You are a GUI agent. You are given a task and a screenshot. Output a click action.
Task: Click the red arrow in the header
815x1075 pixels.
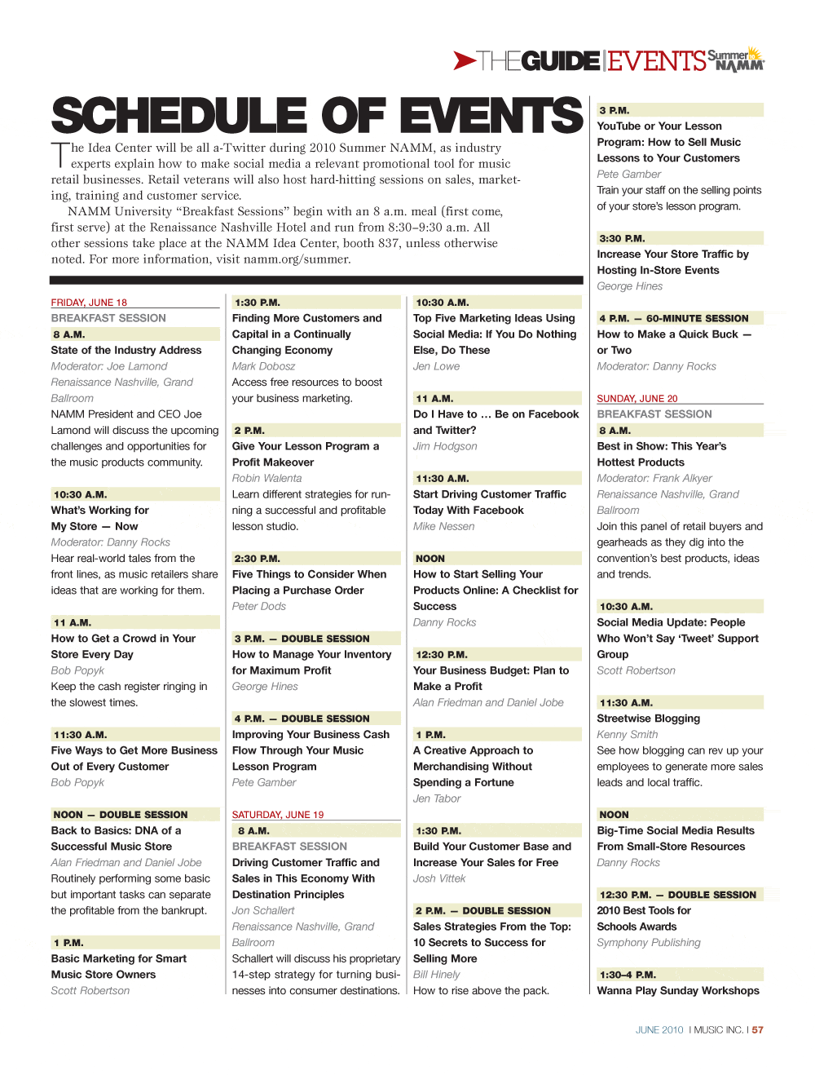pyautogui.click(x=465, y=60)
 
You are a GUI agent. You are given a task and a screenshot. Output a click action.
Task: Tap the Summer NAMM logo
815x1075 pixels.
pyautogui.click(x=736, y=60)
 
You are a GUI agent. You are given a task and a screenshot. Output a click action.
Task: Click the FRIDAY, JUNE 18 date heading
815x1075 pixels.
pyautogui.click(x=89, y=302)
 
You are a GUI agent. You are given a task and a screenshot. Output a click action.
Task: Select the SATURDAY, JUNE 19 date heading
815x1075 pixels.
pyautogui.click(x=278, y=815)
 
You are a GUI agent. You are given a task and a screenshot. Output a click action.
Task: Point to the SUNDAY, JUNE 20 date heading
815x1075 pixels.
pyautogui.click(x=637, y=398)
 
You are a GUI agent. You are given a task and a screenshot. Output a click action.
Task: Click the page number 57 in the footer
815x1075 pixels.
pyautogui.click(x=758, y=1030)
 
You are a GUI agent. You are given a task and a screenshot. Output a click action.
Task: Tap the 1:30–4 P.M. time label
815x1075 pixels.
pyautogui.click(x=628, y=975)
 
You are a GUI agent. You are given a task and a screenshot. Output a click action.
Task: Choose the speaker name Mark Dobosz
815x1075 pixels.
pyautogui.click(x=263, y=366)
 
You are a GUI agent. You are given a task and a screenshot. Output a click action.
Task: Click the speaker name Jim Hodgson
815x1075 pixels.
pyautogui.click(x=445, y=446)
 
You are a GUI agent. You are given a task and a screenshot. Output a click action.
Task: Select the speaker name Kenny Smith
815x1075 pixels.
pyautogui.click(x=627, y=734)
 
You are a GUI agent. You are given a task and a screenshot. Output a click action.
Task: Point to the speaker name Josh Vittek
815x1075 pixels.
pyautogui.click(x=439, y=878)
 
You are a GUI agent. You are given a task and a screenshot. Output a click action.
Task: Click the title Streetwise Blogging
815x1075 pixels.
pyautogui.click(x=648, y=719)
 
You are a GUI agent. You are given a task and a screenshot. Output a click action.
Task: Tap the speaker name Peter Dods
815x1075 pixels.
pyautogui.click(x=259, y=606)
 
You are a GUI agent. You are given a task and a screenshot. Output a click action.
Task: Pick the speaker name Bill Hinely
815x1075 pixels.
pyautogui.click(x=436, y=975)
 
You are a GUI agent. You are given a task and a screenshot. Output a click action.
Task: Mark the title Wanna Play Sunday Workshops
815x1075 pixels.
pyautogui.click(x=678, y=991)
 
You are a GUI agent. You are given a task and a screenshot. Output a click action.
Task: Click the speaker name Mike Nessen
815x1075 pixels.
pyautogui.click(x=443, y=526)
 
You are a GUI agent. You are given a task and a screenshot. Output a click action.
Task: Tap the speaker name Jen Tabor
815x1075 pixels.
pyautogui.click(x=437, y=799)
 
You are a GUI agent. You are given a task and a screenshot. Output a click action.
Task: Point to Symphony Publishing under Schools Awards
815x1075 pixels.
pyautogui.click(x=649, y=943)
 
